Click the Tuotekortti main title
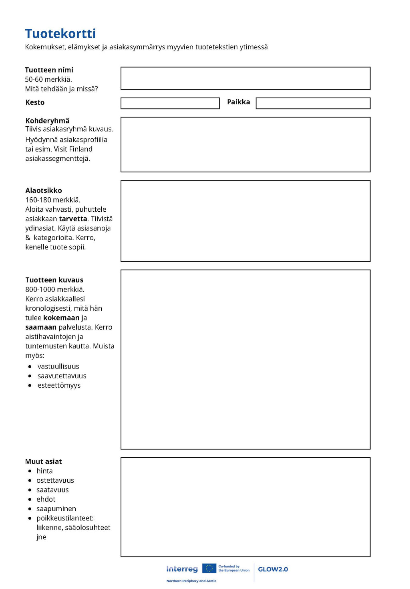(60, 34)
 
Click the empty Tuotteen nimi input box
(245, 78)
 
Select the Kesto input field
(170, 103)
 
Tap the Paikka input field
(313, 103)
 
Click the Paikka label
(238, 102)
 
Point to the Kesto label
(35, 102)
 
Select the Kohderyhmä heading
(47, 121)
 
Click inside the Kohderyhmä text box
(245, 144)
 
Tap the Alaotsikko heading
(44, 190)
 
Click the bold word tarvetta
(73, 219)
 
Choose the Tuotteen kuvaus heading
(54, 280)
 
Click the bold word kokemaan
(61, 318)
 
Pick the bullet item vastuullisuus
(58, 366)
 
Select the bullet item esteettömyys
(59, 385)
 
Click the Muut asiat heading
(43, 461)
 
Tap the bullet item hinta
(44, 471)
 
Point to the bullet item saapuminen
(56, 509)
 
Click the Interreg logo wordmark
(182, 569)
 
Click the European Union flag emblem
(209, 568)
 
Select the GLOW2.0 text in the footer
(273, 569)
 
